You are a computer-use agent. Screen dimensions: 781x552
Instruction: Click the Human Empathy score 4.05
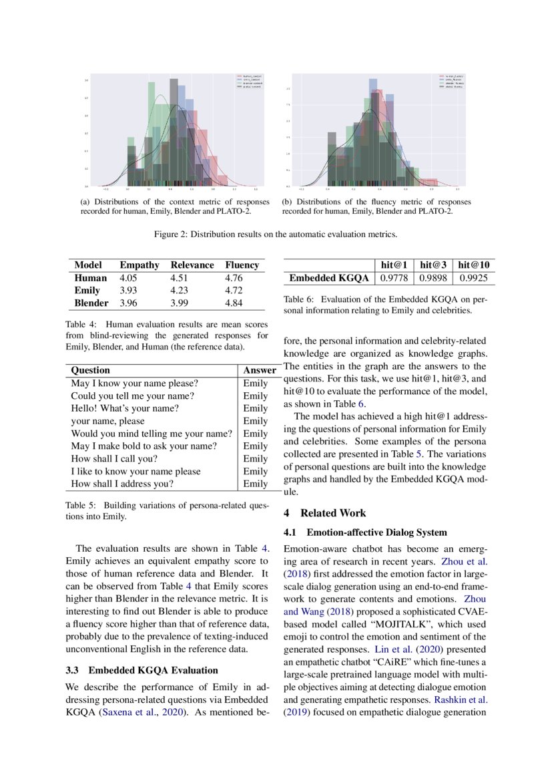point(128,278)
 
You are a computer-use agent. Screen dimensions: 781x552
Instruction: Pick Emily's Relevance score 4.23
point(181,291)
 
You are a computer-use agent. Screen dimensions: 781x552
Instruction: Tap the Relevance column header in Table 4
point(192,265)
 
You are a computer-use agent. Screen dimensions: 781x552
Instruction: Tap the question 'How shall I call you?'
point(113,459)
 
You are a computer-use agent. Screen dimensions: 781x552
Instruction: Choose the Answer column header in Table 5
point(260,370)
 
